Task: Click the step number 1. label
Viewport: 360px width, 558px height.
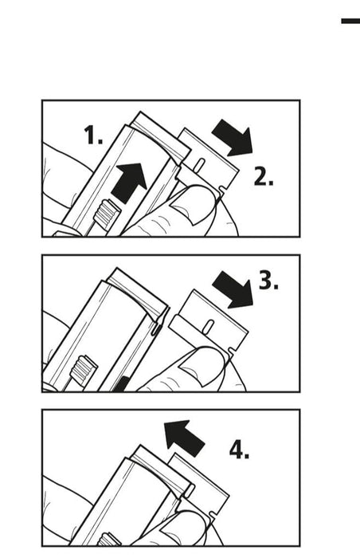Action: (x=93, y=136)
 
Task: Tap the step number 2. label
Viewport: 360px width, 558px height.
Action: (x=264, y=177)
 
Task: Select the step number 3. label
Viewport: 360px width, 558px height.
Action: (x=268, y=280)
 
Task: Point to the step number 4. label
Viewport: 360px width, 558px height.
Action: (x=239, y=450)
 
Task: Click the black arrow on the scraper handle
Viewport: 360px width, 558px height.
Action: (x=129, y=183)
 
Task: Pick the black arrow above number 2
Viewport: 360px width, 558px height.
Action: (x=233, y=137)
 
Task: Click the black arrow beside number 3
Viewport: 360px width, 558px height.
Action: (x=233, y=289)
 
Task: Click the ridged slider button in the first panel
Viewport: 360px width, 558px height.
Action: (x=107, y=214)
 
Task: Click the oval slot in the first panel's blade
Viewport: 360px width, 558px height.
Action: (x=200, y=163)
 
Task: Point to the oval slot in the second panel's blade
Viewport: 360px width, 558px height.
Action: (x=209, y=325)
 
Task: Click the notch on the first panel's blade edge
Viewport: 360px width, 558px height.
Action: (x=223, y=191)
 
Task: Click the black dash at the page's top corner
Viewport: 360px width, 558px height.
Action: (x=350, y=21)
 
